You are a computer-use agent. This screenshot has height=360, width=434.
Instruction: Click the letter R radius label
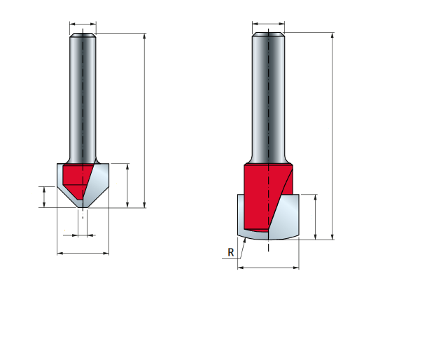click(230, 252)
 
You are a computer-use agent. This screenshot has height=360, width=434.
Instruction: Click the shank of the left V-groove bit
click(83, 98)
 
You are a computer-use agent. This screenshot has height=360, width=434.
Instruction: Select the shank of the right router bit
click(268, 98)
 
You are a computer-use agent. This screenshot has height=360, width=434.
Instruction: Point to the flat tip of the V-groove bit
click(83, 207)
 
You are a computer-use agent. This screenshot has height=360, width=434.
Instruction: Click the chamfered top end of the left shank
click(83, 35)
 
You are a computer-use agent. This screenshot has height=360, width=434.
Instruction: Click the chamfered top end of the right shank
click(268, 34)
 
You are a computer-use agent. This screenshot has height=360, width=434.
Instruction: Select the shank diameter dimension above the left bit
click(83, 24)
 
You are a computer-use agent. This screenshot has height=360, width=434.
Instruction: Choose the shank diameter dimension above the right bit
click(268, 24)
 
